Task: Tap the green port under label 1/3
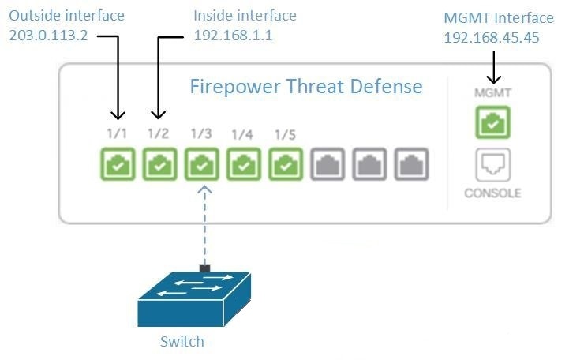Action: pos(201,164)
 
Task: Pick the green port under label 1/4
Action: pos(243,164)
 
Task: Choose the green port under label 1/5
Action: pos(286,164)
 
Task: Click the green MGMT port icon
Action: pos(492,123)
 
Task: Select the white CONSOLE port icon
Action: pos(492,165)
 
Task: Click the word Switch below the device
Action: pos(182,342)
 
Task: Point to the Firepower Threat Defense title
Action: pos(306,85)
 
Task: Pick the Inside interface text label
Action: pos(245,16)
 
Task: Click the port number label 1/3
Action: pos(200,133)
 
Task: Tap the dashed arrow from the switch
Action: pos(205,229)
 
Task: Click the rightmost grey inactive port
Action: pos(412,164)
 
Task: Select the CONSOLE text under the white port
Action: pos(492,193)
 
